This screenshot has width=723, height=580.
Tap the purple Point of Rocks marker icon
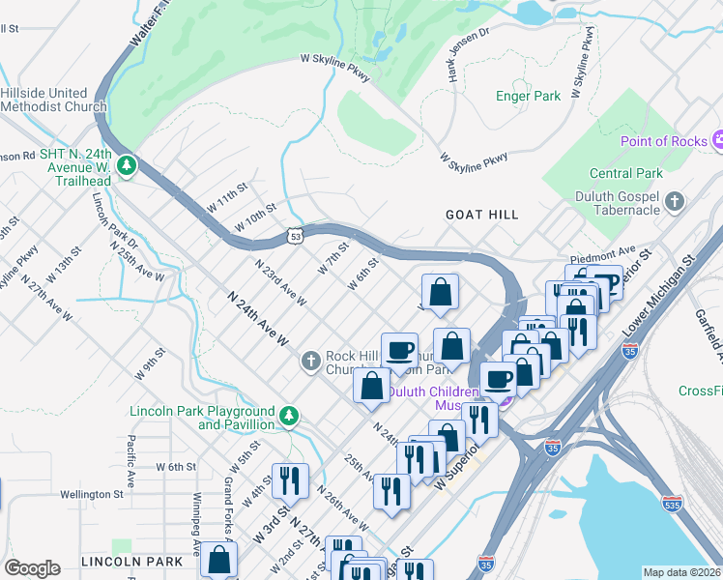click(716, 141)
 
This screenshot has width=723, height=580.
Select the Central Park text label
click(625, 174)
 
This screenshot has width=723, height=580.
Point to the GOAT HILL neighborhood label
click(481, 215)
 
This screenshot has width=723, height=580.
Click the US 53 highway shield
click(295, 235)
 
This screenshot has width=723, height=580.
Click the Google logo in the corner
click(32, 568)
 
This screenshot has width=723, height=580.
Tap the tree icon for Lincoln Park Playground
click(288, 417)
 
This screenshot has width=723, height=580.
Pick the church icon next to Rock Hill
click(310, 362)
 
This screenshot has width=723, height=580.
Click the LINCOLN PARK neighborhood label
click(132, 562)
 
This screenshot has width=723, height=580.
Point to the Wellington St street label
click(91, 494)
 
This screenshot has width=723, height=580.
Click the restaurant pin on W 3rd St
click(289, 479)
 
